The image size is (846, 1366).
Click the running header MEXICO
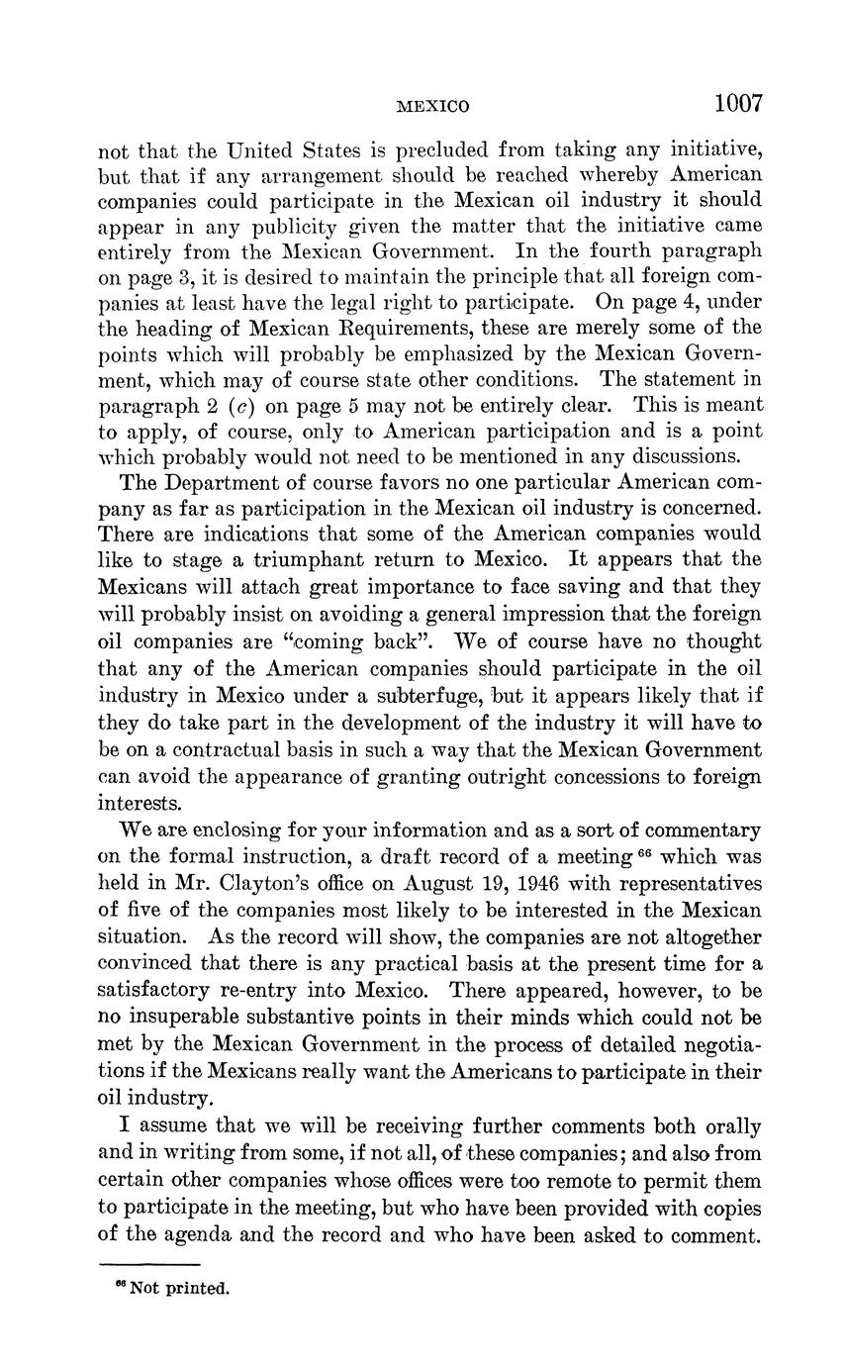pos(432,106)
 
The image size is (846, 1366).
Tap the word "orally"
pos(729,1126)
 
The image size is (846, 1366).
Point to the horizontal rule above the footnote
pos(149,1264)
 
